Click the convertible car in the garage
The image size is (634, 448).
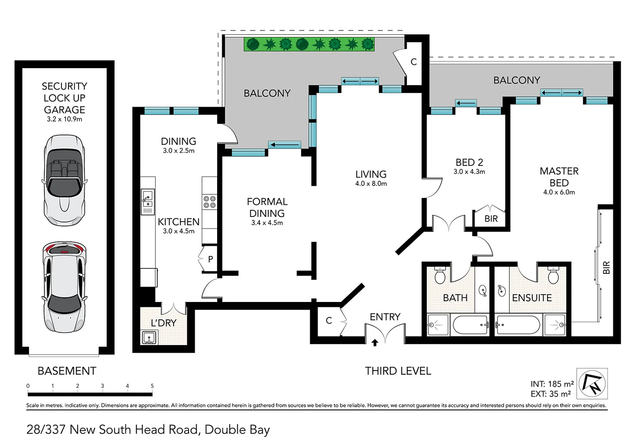[x=64, y=180]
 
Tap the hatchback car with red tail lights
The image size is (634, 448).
[x=64, y=287]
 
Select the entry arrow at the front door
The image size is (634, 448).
[x=375, y=342]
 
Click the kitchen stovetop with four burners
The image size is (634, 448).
[x=209, y=202]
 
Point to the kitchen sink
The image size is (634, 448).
[x=147, y=198]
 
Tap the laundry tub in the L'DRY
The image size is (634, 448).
[x=149, y=337]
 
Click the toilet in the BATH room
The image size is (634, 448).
[x=440, y=275]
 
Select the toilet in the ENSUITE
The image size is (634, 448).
[x=553, y=275]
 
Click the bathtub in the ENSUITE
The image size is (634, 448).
[x=518, y=325]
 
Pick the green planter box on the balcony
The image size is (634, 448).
[x=309, y=44]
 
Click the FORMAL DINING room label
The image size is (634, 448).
[x=267, y=207]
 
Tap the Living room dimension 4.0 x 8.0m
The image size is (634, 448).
[x=371, y=184]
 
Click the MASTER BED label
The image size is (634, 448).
[x=559, y=177]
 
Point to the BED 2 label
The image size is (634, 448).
[x=469, y=162]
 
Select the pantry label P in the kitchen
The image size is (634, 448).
[x=211, y=259]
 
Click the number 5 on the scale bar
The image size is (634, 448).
[x=152, y=386]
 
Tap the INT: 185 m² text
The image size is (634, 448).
[x=552, y=384]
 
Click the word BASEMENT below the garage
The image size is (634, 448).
[x=67, y=371]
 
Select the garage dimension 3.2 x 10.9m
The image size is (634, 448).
[x=64, y=119]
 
